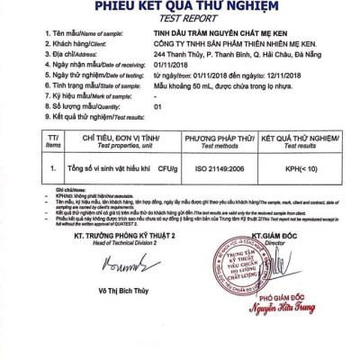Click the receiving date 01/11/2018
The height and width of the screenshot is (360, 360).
167,63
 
